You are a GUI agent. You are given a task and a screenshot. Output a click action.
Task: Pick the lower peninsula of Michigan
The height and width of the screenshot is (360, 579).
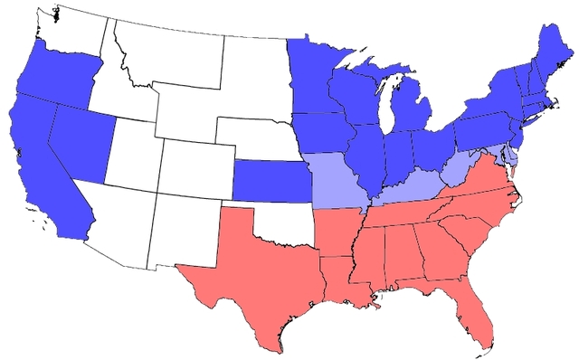413,113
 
